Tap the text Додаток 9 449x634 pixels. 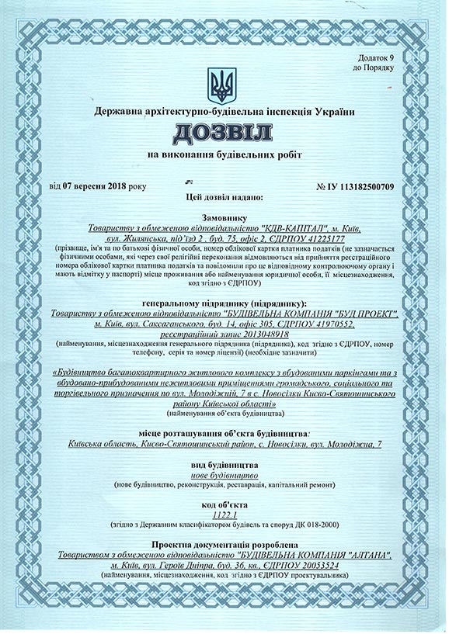tap(376, 58)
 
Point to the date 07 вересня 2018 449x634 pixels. tap(95, 186)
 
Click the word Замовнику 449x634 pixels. tap(224, 219)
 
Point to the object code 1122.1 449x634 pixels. tap(224, 513)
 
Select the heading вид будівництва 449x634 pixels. tap(224, 463)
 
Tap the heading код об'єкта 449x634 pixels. tap(224, 503)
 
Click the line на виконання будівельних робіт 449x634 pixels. tap(224, 155)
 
